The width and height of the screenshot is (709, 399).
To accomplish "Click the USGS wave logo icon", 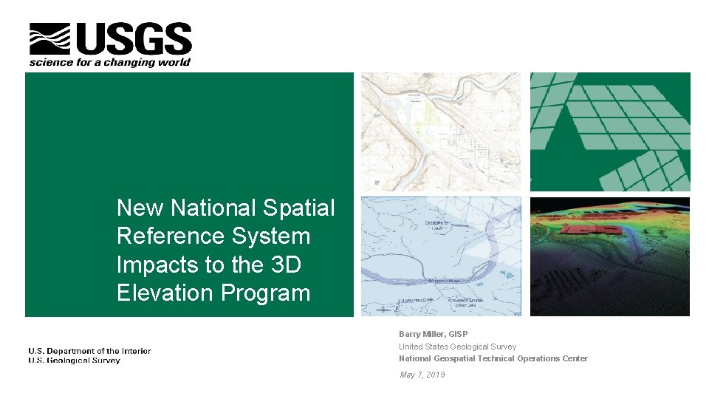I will coord(49,39).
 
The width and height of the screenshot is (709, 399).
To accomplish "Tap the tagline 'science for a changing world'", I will coord(110,63).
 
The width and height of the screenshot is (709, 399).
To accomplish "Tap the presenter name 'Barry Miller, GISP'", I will coord(433,334).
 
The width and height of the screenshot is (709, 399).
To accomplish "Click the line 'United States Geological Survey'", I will coord(457,347).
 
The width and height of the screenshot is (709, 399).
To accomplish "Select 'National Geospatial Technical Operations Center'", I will coord(493,358).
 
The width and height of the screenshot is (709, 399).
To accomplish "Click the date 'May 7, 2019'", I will coord(422,375).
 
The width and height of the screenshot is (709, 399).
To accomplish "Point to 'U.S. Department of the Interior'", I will coord(89,351).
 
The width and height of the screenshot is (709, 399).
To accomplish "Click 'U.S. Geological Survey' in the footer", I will coord(74,361).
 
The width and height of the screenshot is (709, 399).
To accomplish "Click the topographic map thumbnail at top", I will coord(440,132).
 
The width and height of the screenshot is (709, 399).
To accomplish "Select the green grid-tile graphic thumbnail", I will coord(610,132).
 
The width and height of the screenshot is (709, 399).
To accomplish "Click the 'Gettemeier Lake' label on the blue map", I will coord(436,225).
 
